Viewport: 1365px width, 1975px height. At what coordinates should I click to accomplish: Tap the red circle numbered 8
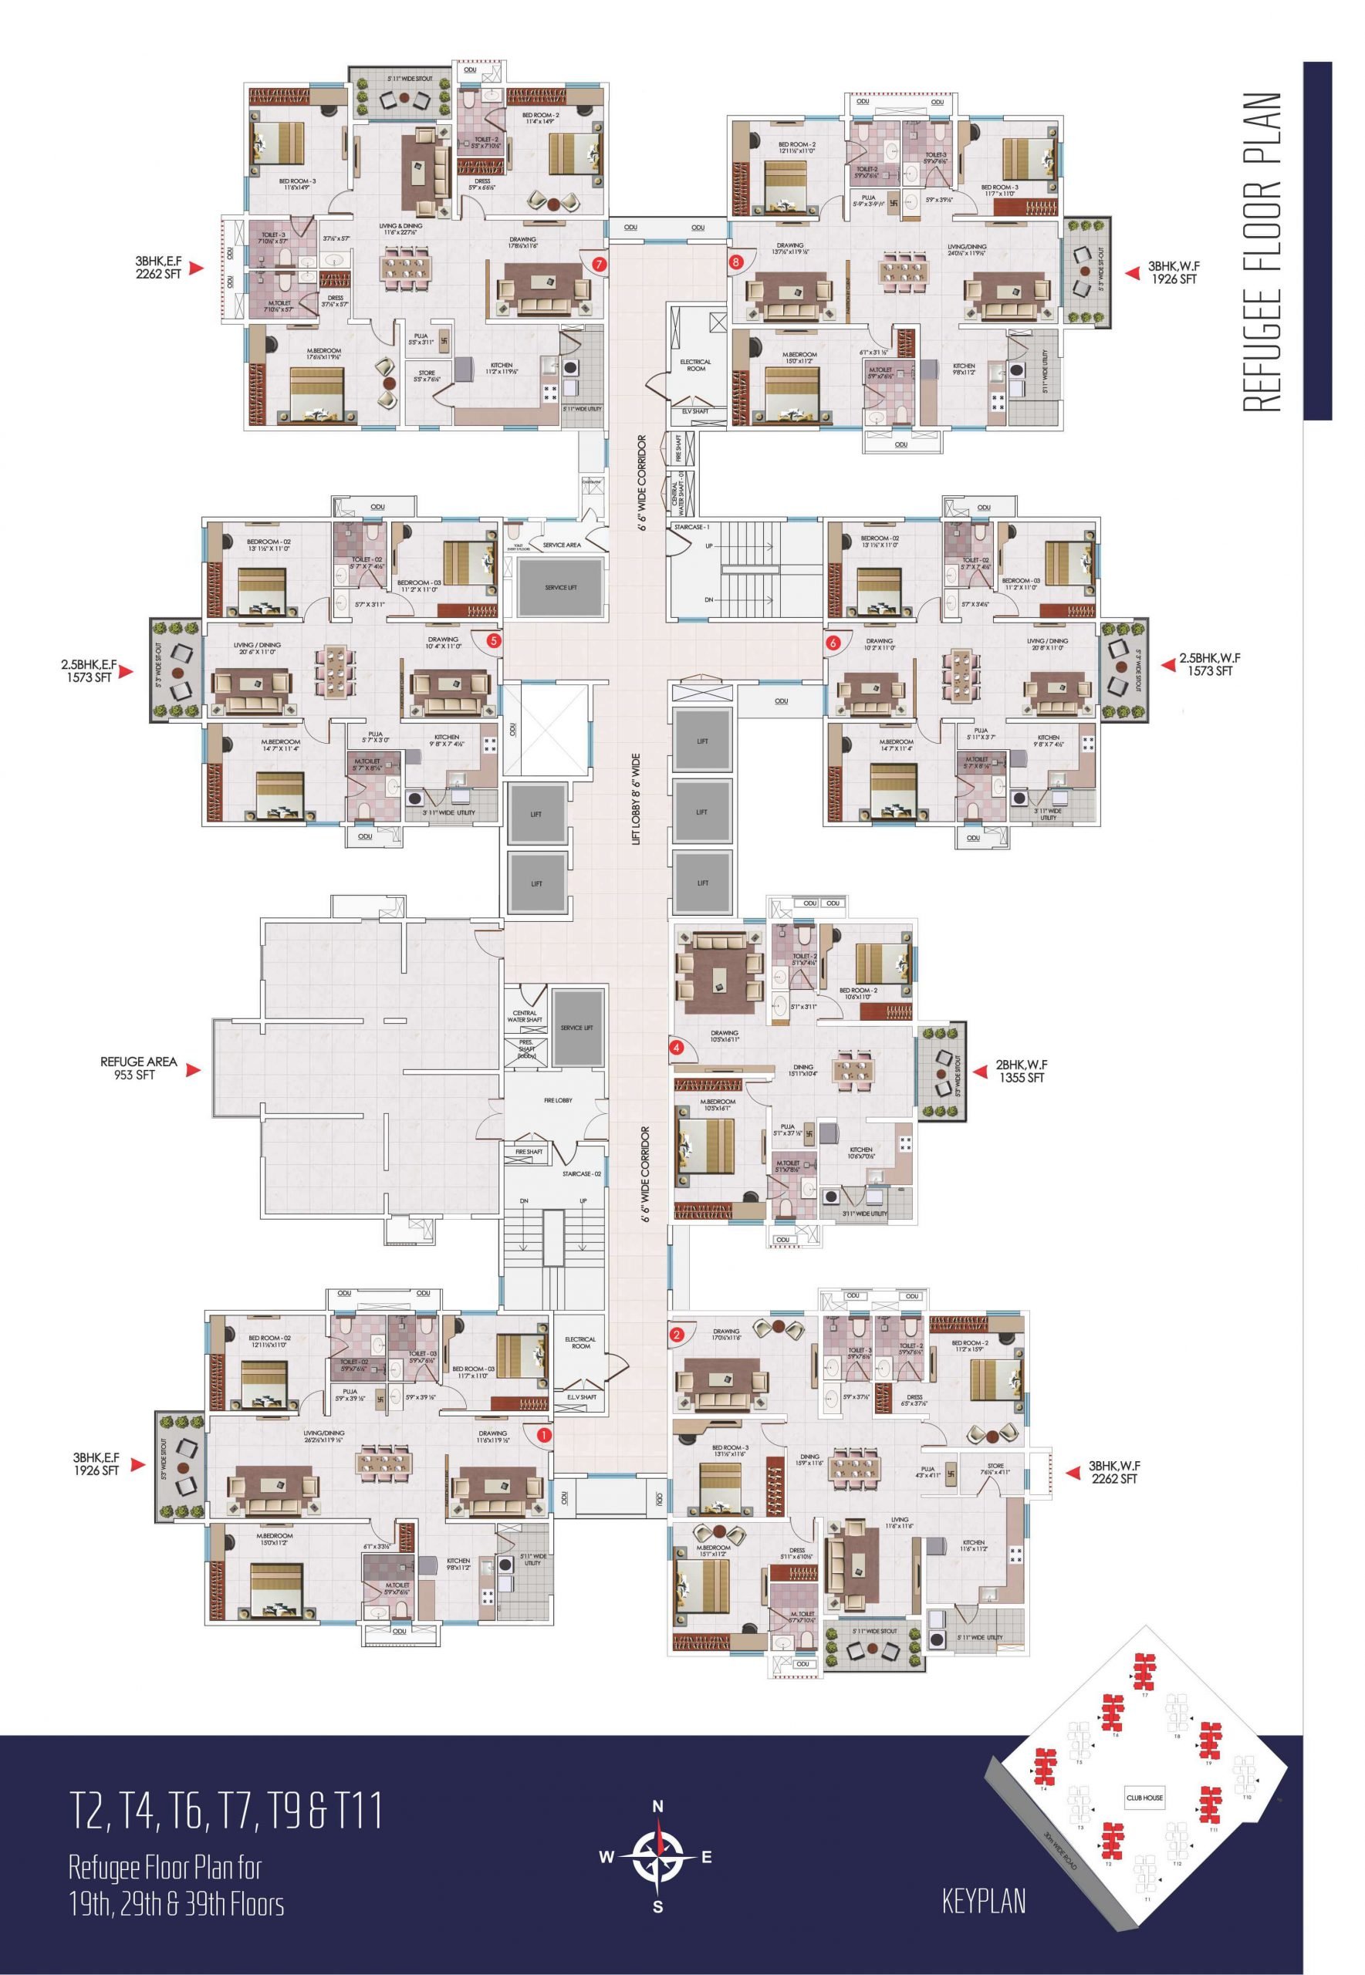point(735,262)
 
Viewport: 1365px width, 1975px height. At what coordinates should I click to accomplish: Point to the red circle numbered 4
point(677,1045)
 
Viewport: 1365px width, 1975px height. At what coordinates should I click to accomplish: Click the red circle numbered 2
point(677,1334)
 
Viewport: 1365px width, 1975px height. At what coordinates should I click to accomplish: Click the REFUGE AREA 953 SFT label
point(139,1068)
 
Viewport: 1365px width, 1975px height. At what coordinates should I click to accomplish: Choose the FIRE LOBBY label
point(558,1100)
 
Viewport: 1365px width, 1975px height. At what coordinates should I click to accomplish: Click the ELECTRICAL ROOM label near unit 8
point(695,365)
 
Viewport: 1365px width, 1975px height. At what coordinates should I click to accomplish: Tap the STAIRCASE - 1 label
point(692,528)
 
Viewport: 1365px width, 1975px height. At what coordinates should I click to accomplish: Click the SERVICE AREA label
point(561,545)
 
